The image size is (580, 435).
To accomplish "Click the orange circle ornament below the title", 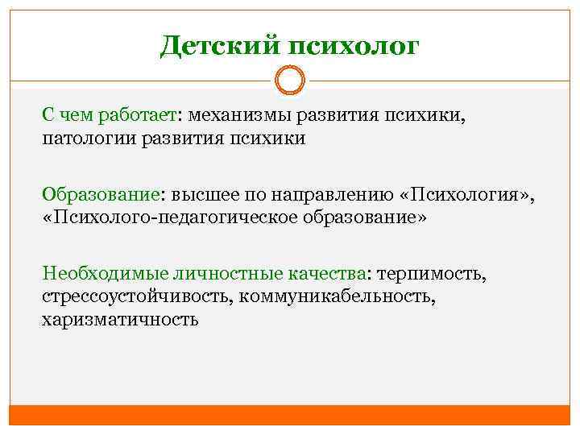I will coord(289,81).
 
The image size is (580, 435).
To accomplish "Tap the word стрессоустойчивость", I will coord(135,296).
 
